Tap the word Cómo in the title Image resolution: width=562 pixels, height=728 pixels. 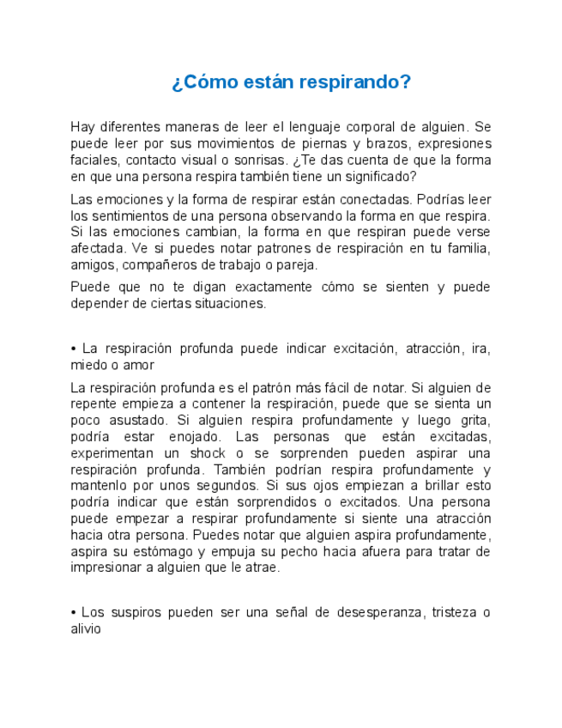pos(206,82)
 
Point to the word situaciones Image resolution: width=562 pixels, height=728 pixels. pos(229,304)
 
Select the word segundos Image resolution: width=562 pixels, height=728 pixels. pos(214,486)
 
